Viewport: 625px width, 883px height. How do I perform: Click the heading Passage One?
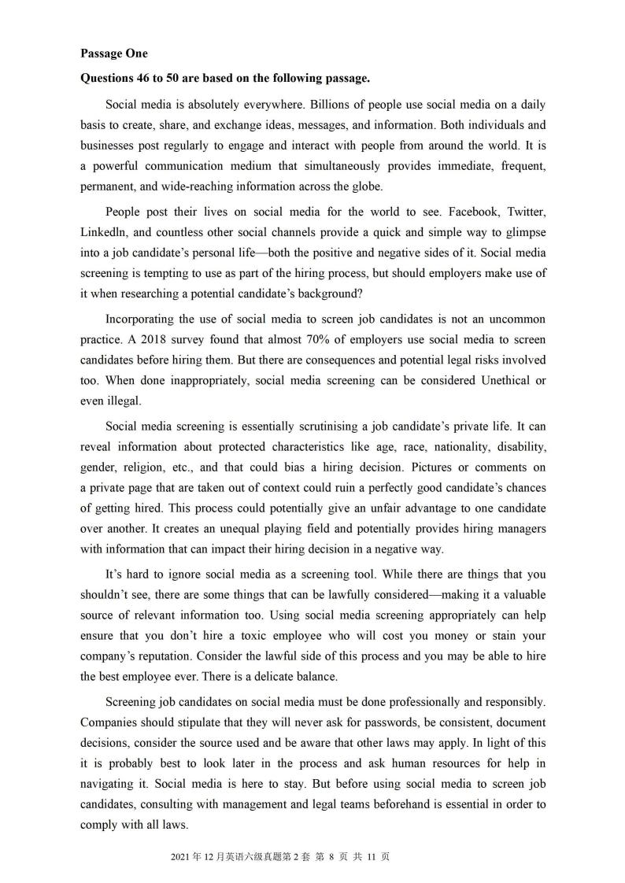click(x=113, y=54)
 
